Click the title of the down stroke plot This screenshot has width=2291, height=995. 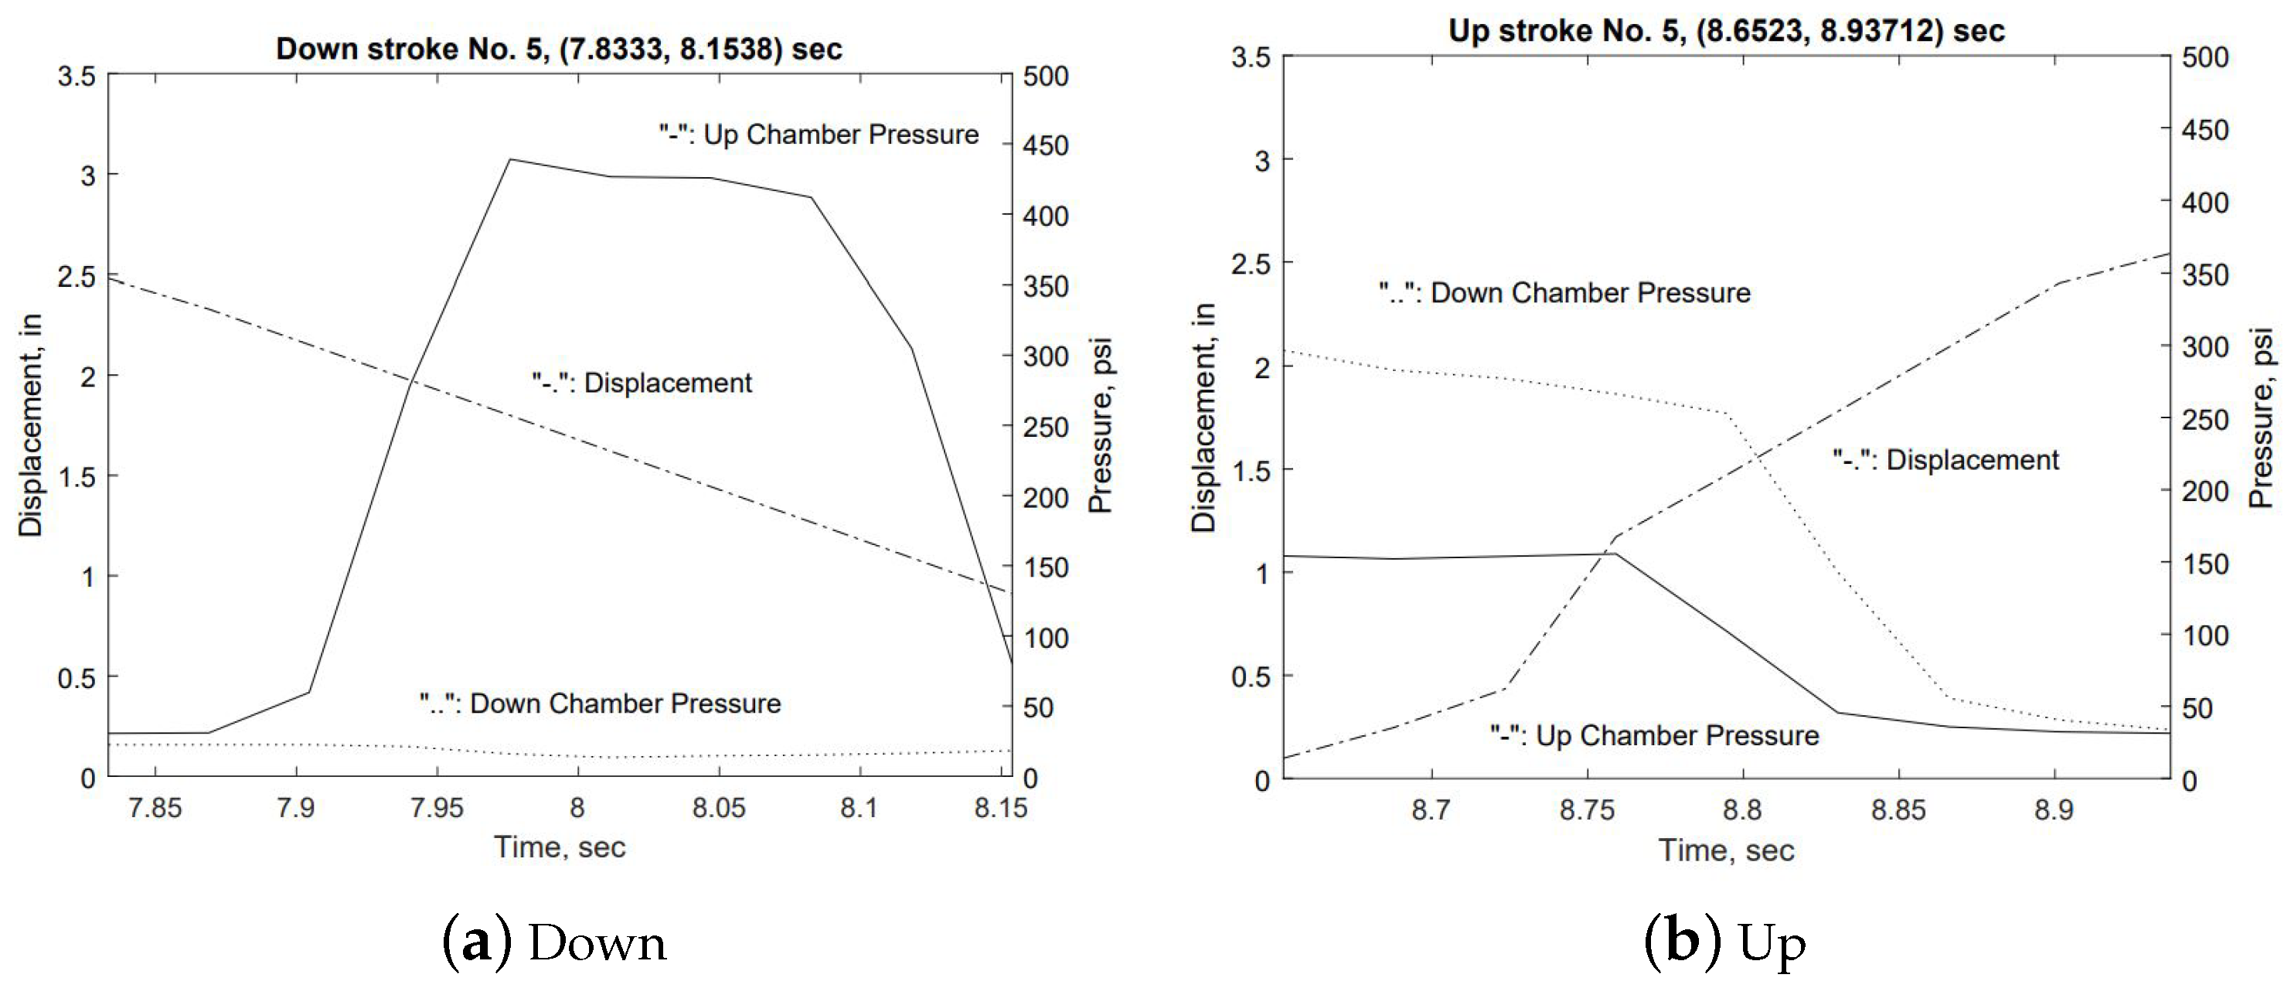point(559,48)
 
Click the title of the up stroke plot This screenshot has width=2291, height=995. point(1726,30)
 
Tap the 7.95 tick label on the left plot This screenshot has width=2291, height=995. point(437,807)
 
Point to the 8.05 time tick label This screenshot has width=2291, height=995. point(719,807)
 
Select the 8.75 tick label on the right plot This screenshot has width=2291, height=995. point(1587,809)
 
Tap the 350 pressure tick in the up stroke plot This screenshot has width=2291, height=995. point(2206,274)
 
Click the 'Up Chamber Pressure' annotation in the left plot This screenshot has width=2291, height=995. point(819,135)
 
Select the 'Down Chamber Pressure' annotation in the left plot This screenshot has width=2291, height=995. point(601,704)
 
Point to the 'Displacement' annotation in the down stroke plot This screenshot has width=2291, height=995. point(642,383)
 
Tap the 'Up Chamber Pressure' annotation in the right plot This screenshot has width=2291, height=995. point(1654,735)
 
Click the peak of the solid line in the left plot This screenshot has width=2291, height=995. point(510,159)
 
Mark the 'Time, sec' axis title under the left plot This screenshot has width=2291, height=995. point(560,847)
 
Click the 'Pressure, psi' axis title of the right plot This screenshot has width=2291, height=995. point(2262,418)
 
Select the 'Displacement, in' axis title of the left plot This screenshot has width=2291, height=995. point(30,425)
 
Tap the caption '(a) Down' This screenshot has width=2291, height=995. point(554,942)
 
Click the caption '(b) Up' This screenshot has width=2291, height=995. point(1725,942)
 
